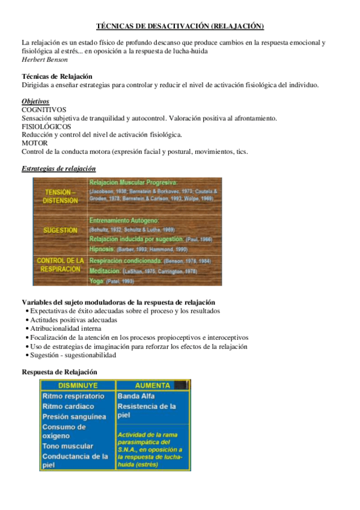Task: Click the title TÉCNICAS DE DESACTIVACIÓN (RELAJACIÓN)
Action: coord(180,26)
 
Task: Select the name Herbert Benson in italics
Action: coord(44,60)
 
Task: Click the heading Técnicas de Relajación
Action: coord(57,76)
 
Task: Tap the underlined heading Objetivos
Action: coord(35,102)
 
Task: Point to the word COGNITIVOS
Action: coord(44,110)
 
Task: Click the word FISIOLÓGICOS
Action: coord(46,127)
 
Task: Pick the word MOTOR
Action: coord(34,143)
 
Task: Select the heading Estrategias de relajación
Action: coord(58,168)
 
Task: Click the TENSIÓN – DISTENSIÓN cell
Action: coord(61,196)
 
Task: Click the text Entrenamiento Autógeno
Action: coord(124,221)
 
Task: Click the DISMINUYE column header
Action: coord(78,386)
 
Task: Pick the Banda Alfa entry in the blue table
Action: coord(136,396)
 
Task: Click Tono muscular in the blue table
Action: coord(68,446)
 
